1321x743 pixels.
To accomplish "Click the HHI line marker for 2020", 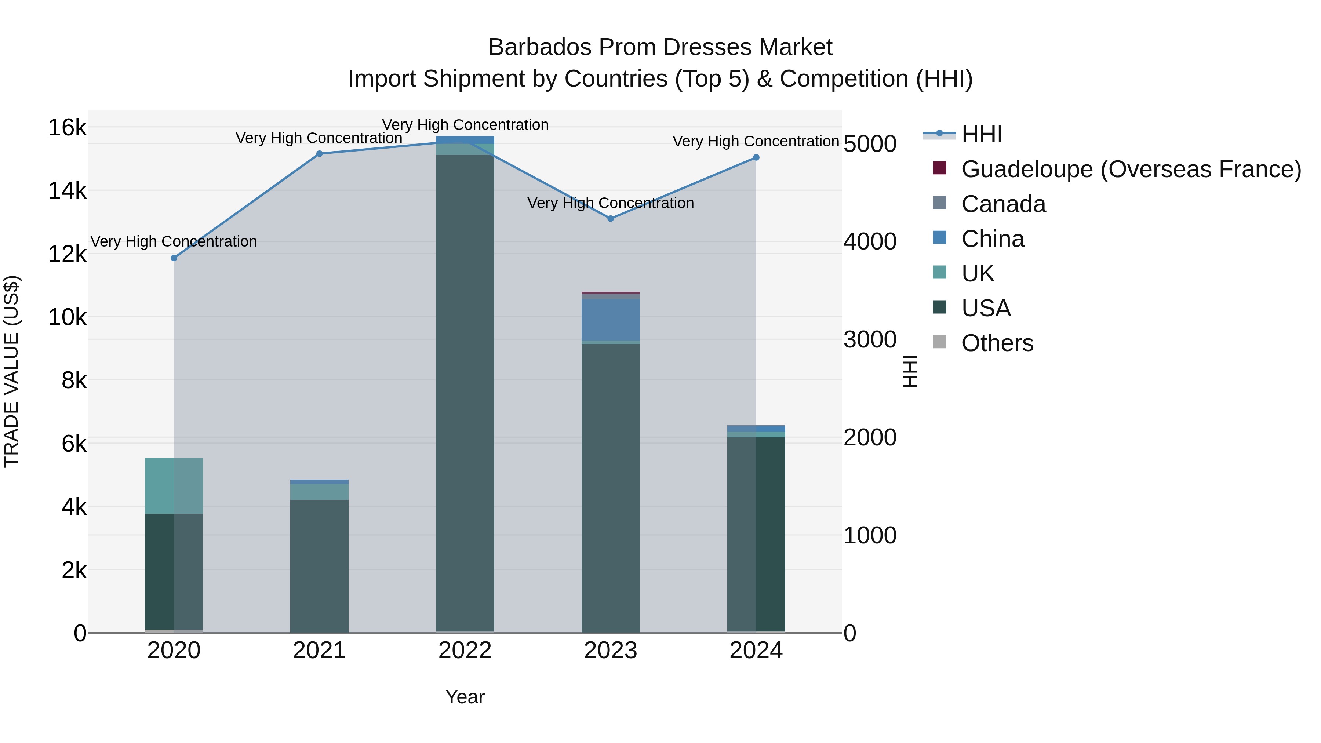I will (x=174, y=258).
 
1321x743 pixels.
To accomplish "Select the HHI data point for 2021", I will (x=320, y=154).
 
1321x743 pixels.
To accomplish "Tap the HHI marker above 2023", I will (x=610, y=218).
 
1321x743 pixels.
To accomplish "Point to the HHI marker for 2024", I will (x=756, y=157).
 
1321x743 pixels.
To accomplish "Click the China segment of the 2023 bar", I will (x=610, y=320).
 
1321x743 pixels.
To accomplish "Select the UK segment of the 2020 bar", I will (x=174, y=485).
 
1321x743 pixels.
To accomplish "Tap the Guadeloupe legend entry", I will (x=1131, y=169).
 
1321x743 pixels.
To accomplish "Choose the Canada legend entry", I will (x=1003, y=204).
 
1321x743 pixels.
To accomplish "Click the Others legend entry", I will (x=997, y=343).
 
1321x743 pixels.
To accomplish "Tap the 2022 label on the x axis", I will (x=465, y=651).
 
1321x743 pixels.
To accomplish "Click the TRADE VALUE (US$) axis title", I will (x=11, y=371).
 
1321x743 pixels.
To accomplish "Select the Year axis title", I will (x=465, y=697).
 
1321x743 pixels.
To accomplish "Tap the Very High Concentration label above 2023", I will (x=610, y=203).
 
